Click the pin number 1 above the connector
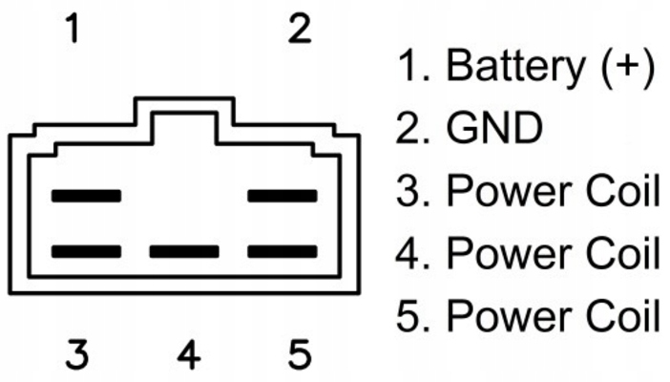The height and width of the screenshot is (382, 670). click(x=73, y=30)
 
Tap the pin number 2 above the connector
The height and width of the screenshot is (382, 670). click(x=301, y=30)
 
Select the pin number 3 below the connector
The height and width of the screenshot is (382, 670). click(x=77, y=354)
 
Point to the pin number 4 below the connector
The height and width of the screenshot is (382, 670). click(x=189, y=354)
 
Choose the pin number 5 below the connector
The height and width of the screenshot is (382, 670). click(x=301, y=354)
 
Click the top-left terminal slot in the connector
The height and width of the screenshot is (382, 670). click(x=87, y=196)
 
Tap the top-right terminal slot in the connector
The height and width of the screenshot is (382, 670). click(x=283, y=196)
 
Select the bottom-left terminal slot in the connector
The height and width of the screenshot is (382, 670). click(x=87, y=252)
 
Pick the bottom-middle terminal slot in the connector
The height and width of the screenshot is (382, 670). click(x=184, y=252)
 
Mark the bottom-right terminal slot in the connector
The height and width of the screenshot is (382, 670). click(x=283, y=252)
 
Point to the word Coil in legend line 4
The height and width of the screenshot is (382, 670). click(x=621, y=253)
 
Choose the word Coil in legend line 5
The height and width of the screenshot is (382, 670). click(x=621, y=315)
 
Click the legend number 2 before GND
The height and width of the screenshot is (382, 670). click(x=408, y=127)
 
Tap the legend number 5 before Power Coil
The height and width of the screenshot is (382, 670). click(x=408, y=315)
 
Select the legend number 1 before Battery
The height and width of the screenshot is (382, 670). click(x=408, y=66)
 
